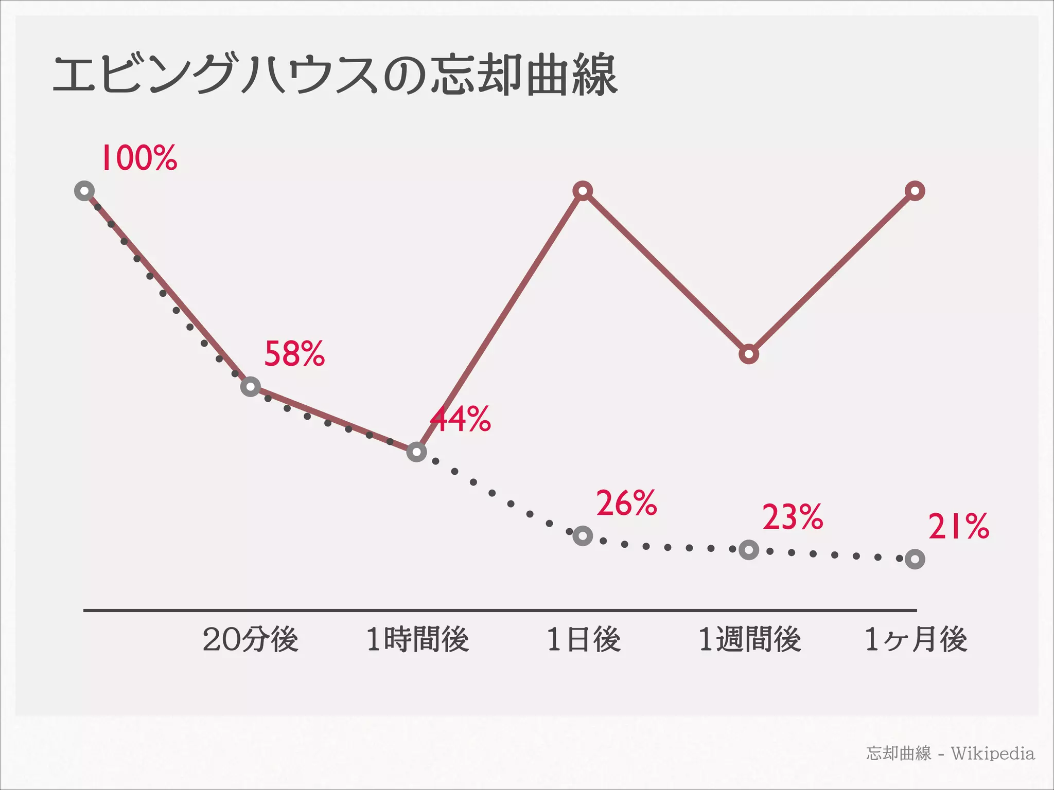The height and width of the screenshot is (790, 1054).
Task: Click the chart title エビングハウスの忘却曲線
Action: (x=335, y=76)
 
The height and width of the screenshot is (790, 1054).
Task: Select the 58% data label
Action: (x=294, y=354)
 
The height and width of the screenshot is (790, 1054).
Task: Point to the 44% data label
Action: (x=461, y=419)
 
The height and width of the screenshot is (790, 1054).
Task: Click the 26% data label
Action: (x=626, y=503)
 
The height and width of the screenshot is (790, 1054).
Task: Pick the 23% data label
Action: (x=793, y=517)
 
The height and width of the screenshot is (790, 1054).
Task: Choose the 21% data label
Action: (x=958, y=527)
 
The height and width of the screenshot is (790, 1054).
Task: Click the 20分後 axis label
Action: (x=251, y=640)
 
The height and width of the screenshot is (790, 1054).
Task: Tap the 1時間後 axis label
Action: (x=417, y=640)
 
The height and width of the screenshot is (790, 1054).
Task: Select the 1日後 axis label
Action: (x=584, y=640)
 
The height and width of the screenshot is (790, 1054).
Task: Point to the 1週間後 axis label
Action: (x=750, y=640)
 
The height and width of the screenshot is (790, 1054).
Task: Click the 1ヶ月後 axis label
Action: (x=916, y=640)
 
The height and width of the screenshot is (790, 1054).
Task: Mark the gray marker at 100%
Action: (x=84, y=191)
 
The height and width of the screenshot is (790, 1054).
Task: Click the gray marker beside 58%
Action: (x=251, y=386)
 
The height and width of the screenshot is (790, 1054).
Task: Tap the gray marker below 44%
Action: (x=417, y=452)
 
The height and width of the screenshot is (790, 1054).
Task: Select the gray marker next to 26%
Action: (x=583, y=536)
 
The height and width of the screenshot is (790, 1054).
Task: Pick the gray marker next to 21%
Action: (x=915, y=559)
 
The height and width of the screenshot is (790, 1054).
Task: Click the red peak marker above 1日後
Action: (x=583, y=191)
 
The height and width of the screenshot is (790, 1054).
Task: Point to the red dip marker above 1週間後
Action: (x=749, y=354)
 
